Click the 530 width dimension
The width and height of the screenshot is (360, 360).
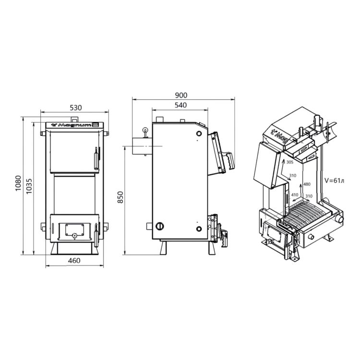(x=75, y=108)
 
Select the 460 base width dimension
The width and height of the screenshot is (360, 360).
(x=74, y=261)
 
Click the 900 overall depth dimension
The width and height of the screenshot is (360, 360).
(x=181, y=95)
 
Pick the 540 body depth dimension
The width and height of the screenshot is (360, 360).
(x=180, y=105)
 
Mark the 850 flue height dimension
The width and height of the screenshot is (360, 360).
(x=120, y=197)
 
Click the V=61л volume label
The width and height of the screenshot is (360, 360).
(x=335, y=180)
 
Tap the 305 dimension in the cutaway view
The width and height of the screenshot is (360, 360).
(x=290, y=162)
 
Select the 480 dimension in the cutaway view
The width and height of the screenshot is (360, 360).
(x=307, y=184)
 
